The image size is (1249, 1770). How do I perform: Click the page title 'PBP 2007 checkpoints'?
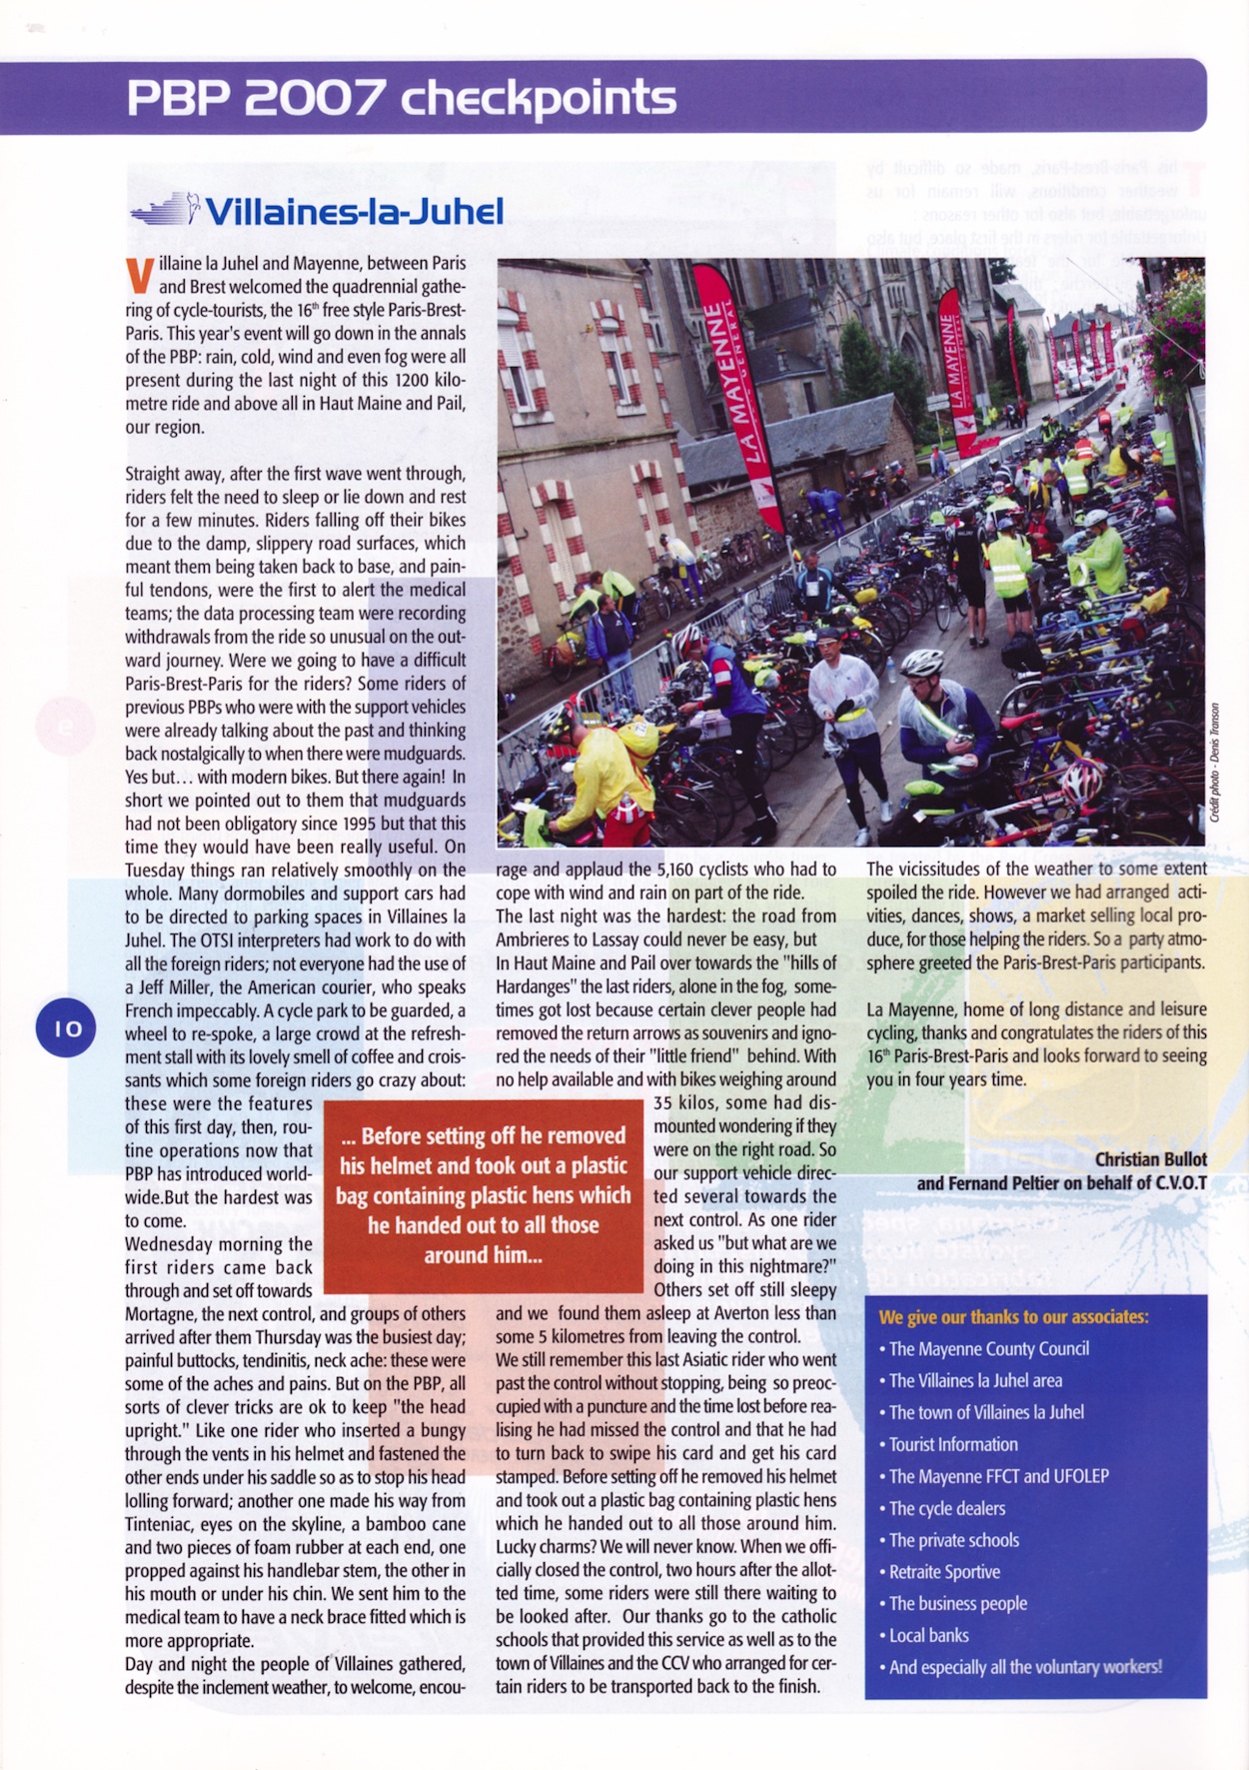(x=401, y=98)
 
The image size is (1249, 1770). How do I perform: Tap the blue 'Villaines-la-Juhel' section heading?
(x=354, y=212)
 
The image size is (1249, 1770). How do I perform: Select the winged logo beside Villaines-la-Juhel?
(x=166, y=210)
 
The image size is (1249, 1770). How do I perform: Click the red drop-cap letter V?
(x=139, y=276)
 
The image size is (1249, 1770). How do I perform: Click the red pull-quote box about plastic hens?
(x=484, y=1195)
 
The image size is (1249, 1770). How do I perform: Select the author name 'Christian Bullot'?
(x=1150, y=1159)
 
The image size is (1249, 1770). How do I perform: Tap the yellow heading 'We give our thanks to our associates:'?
(x=1013, y=1316)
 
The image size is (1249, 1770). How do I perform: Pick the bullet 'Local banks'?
(x=928, y=1635)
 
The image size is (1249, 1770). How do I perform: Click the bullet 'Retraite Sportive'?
(x=944, y=1571)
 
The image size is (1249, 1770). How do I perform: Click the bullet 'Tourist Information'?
(x=952, y=1444)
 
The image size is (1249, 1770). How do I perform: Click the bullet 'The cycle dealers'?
(x=946, y=1508)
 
